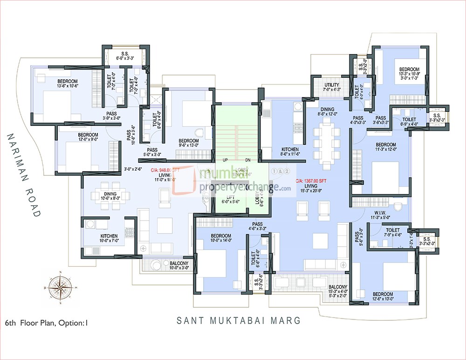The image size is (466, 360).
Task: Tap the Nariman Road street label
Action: (23, 174)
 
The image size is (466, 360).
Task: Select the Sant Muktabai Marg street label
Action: (239, 321)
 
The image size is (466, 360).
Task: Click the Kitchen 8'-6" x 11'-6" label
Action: (290, 152)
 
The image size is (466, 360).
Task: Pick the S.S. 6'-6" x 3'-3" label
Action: (125, 55)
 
